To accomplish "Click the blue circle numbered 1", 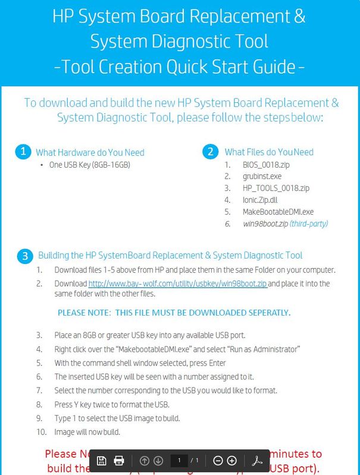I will (x=23, y=152).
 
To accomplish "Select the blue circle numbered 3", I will (x=23, y=256).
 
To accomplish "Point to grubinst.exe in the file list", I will (x=262, y=177).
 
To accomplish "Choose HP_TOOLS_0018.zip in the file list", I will (x=276, y=188).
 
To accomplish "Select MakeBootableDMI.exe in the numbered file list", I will (x=278, y=212).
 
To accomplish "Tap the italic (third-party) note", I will (x=308, y=224).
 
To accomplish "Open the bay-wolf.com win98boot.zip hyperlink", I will (x=178, y=284).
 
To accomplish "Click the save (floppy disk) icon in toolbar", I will (x=102, y=460).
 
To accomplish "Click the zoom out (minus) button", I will (x=218, y=460).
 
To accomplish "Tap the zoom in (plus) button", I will (x=232, y=460).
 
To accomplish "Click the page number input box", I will (x=179, y=460).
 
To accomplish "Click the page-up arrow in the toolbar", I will (x=144, y=460).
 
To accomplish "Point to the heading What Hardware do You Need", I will (x=90, y=152).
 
